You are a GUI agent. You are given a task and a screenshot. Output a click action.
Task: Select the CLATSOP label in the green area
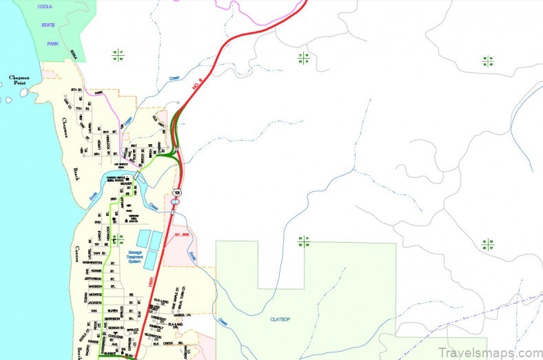(278, 318)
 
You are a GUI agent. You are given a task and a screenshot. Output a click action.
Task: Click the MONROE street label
(94, 294)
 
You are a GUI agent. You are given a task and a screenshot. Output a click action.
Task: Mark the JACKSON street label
(94, 302)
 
